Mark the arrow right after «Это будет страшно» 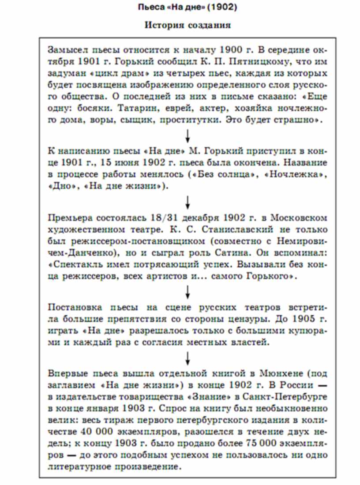(x=188, y=135)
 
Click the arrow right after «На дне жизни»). (x=188, y=202)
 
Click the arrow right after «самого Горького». (x=188, y=291)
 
